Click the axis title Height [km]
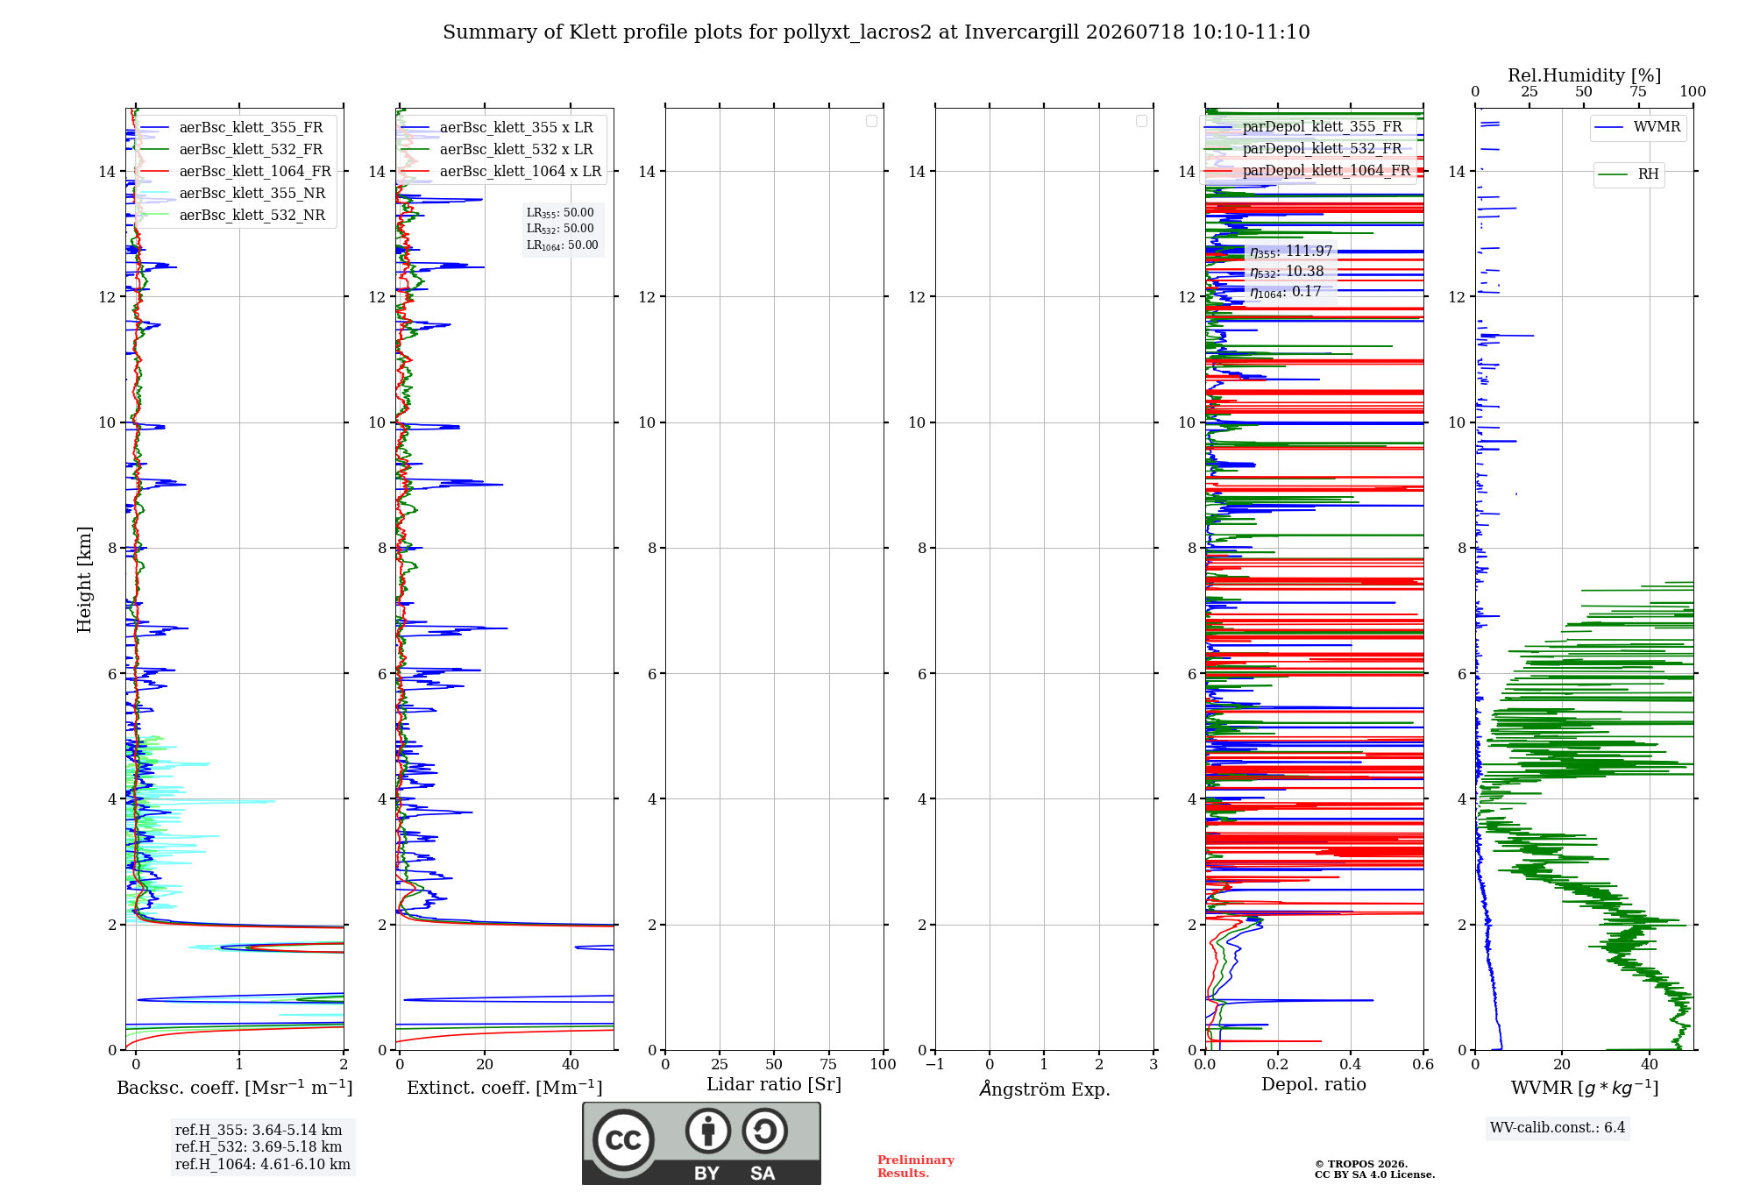point(84,579)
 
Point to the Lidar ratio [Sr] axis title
point(774,1085)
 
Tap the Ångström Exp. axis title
point(1044,1089)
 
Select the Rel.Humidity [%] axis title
point(1584,75)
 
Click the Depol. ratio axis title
point(1313,1085)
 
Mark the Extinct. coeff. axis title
point(504,1088)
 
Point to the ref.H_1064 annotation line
point(262,1165)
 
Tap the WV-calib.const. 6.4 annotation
point(1558,1128)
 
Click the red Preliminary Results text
point(915,1167)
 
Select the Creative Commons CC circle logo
point(623,1139)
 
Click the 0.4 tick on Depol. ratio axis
point(1351,1065)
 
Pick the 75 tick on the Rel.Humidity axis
point(1637,92)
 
